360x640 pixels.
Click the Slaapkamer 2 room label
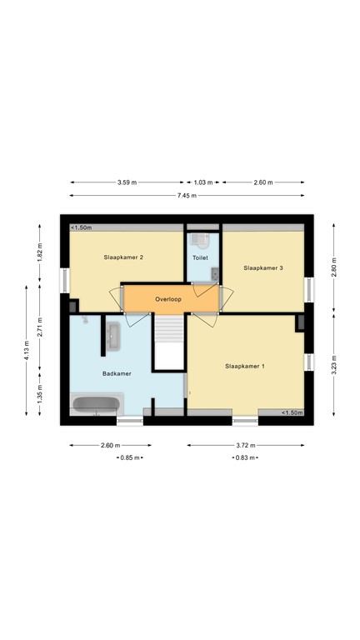pos(123,257)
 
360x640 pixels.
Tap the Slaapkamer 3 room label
pos(263,267)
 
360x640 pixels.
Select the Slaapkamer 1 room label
pos(245,366)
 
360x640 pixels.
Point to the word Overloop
pos(167,298)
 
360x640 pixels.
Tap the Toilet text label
pos(200,258)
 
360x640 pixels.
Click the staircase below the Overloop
pos(169,342)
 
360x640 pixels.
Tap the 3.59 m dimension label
pos(127,182)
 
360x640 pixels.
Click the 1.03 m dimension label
pos(203,182)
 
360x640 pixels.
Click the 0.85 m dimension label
pos(130,457)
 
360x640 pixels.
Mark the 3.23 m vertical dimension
pos(333,367)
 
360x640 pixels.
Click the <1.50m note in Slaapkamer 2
pos(81,227)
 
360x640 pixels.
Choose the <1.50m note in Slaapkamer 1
pos(292,412)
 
